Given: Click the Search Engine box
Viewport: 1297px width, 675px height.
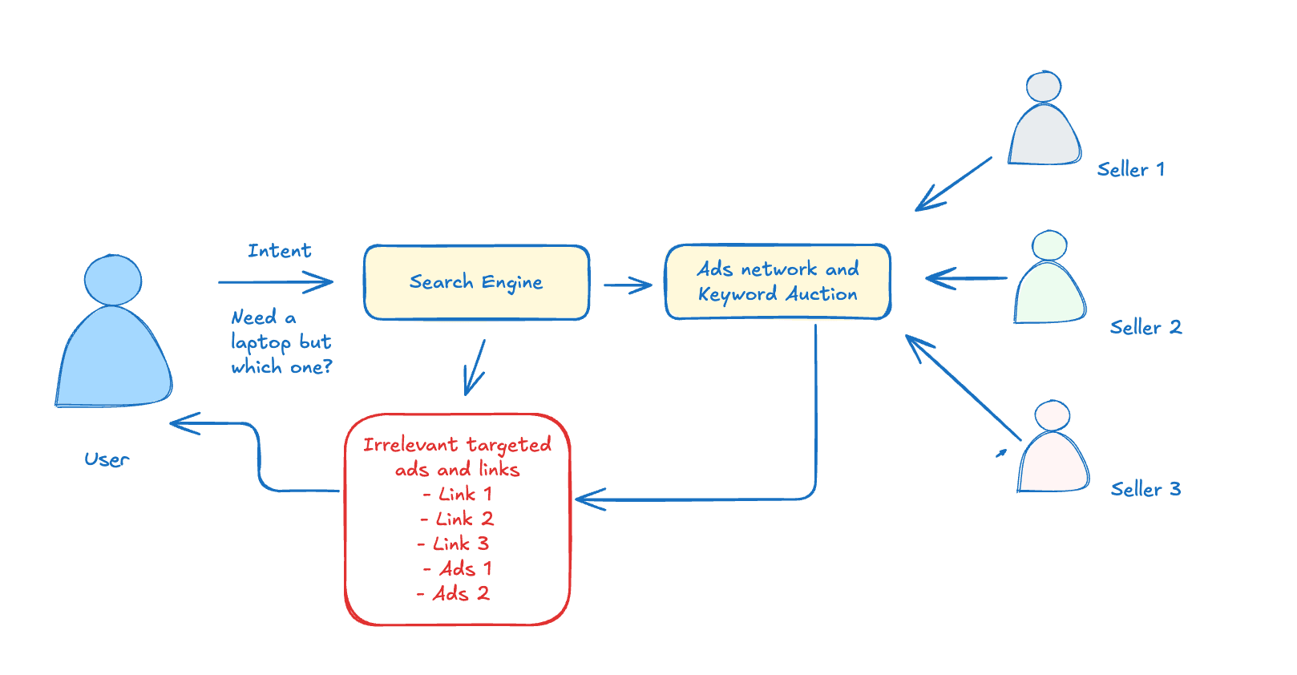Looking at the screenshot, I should coord(476,282).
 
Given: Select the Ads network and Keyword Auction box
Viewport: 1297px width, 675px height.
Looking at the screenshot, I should coord(778,281).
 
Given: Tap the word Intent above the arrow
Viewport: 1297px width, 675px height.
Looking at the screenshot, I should coord(279,251).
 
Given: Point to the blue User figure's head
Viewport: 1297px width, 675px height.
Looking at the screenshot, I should coord(113,280).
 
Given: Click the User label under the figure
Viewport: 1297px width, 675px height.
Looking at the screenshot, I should coord(107,459).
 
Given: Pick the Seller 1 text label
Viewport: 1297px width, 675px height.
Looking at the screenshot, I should coord(1130,170).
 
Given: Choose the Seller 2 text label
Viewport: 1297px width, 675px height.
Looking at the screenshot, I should coord(1145,327).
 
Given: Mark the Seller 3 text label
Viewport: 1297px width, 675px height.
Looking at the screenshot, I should coord(1145,489).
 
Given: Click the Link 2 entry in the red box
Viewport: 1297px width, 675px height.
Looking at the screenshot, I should coord(459,519).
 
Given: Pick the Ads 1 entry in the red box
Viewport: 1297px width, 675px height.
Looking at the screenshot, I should coord(459,568).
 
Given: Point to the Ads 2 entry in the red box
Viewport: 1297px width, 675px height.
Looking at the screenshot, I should coord(455,593).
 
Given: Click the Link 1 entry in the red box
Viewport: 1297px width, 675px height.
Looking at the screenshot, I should coord(459,494).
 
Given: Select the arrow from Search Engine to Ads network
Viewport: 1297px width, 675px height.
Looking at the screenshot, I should coord(628,285).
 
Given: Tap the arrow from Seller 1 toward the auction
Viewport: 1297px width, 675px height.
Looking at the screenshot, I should coord(953,184).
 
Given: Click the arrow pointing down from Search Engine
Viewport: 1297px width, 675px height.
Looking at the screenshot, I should coord(475,367).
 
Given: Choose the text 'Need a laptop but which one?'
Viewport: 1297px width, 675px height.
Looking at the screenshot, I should coord(281,342).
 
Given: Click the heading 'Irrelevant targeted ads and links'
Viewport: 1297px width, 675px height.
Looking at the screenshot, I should coord(457,456).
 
